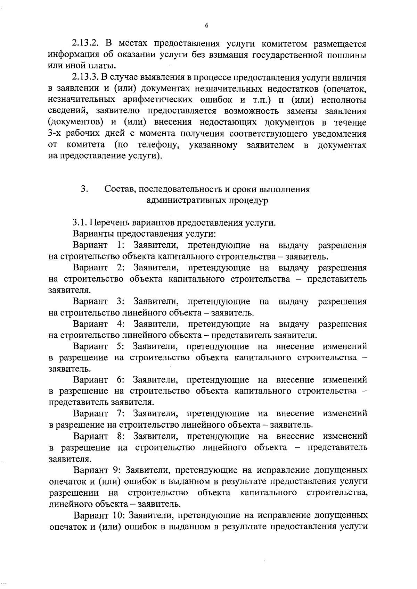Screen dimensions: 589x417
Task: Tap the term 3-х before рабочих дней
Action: (55, 134)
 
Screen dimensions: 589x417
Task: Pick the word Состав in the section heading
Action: (120, 190)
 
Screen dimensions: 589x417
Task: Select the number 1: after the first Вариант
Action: (121, 245)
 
